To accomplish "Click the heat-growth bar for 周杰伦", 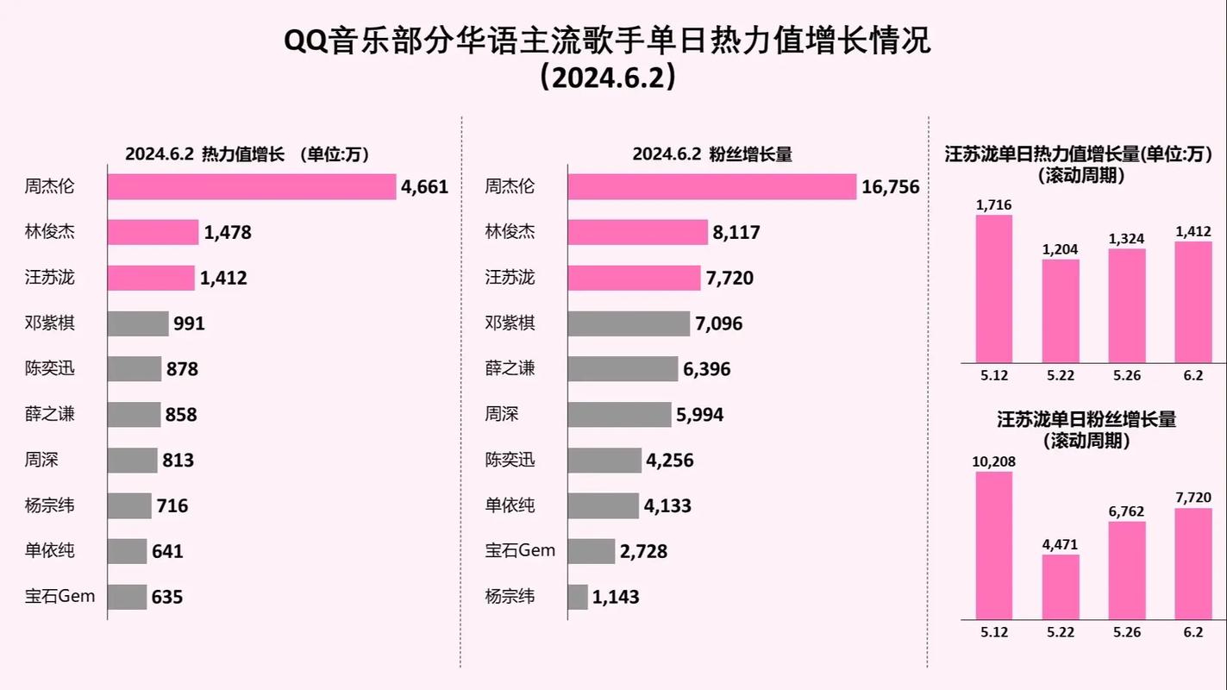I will click(x=252, y=186).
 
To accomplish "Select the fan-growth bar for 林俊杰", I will click(x=638, y=232).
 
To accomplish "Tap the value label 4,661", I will click(x=424, y=186).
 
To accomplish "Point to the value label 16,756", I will click(x=891, y=186).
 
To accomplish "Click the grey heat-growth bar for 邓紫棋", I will click(x=138, y=323).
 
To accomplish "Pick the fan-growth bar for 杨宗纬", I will click(x=578, y=597).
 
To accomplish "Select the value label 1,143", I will click(x=616, y=597).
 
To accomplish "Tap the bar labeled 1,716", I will click(x=994, y=289).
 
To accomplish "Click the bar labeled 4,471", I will click(x=1061, y=586).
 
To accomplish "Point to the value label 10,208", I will click(x=994, y=461).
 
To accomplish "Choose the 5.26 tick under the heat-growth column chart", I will click(x=1127, y=375).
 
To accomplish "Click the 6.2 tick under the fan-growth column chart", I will click(x=1193, y=632).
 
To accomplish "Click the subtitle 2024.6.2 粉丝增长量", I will click(x=711, y=154).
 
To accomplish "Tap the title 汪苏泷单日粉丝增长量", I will click(x=1086, y=420).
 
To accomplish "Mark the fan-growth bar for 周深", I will click(x=619, y=415).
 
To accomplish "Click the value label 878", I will click(x=182, y=369).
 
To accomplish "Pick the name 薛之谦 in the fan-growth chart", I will click(x=510, y=369).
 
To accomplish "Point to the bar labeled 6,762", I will click(x=1127, y=570).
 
